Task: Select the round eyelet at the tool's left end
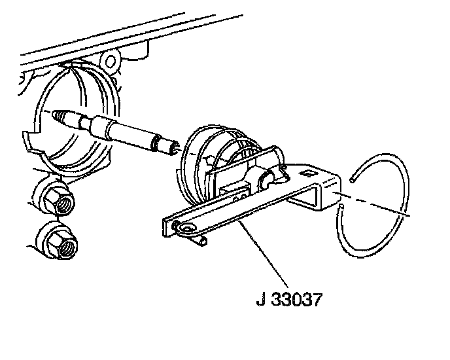[x=188, y=227]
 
